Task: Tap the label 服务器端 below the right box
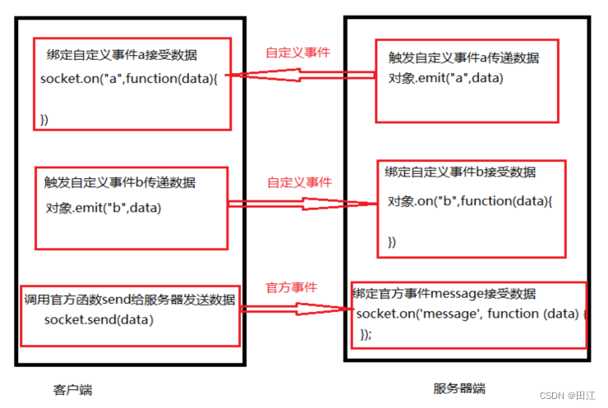(459, 388)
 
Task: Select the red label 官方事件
(291, 288)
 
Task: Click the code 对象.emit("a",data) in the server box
(445, 78)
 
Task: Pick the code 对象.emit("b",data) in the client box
(104, 208)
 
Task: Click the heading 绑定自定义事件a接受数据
(122, 55)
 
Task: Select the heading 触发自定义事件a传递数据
(463, 58)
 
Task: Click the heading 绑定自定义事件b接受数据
(460, 172)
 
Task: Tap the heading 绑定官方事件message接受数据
(444, 293)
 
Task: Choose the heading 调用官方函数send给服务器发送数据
(130, 300)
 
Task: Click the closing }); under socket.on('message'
(366, 333)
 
